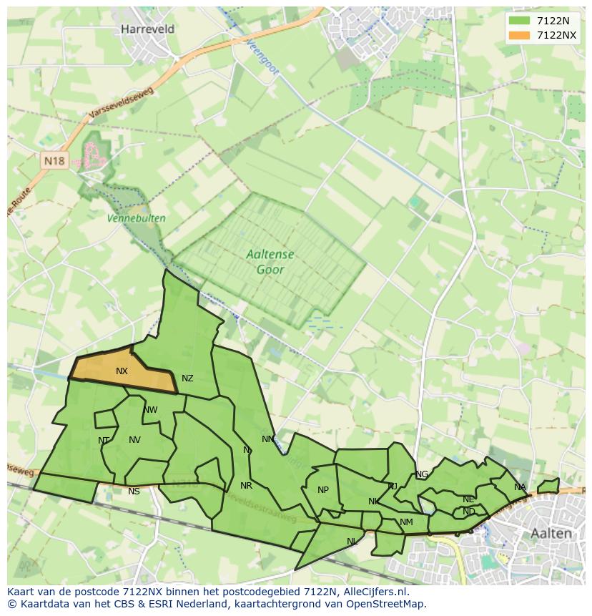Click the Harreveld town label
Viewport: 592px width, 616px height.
pyautogui.click(x=148, y=29)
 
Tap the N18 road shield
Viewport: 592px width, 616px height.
pyautogui.click(x=54, y=161)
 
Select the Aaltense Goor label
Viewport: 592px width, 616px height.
pyautogui.click(x=270, y=262)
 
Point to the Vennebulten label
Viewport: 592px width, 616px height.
pyautogui.click(x=136, y=218)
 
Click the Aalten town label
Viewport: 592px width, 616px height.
pyautogui.click(x=551, y=533)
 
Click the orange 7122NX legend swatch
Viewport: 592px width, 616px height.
pyautogui.click(x=520, y=35)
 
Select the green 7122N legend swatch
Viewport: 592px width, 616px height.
pyautogui.click(x=520, y=21)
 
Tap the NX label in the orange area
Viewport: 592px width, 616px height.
pyautogui.click(x=122, y=371)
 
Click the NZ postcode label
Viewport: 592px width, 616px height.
pyautogui.click(x=187, y=378)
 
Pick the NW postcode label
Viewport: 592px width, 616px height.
pyautogui.click(x=150, y=410)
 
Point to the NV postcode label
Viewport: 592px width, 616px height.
pyautogui.click(x=134, y=440)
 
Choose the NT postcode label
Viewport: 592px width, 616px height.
pyautogui.click(x=104, y=441)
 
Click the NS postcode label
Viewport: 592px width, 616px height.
pyautogui.click(x=134, y=492)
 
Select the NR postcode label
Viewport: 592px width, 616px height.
pyautogui.click(x=246, y=486)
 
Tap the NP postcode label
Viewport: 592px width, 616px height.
pyautogui.click(x=323, y=490)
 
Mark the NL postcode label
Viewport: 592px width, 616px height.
pyautogui.click(x=352, y=542)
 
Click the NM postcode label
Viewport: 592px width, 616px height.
pyautogui.click(x=406, y=522)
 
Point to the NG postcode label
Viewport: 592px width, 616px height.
pyautogui.click(x=422, y=474)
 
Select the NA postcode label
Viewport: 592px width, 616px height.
pyautogui.click(x=520, y=487)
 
